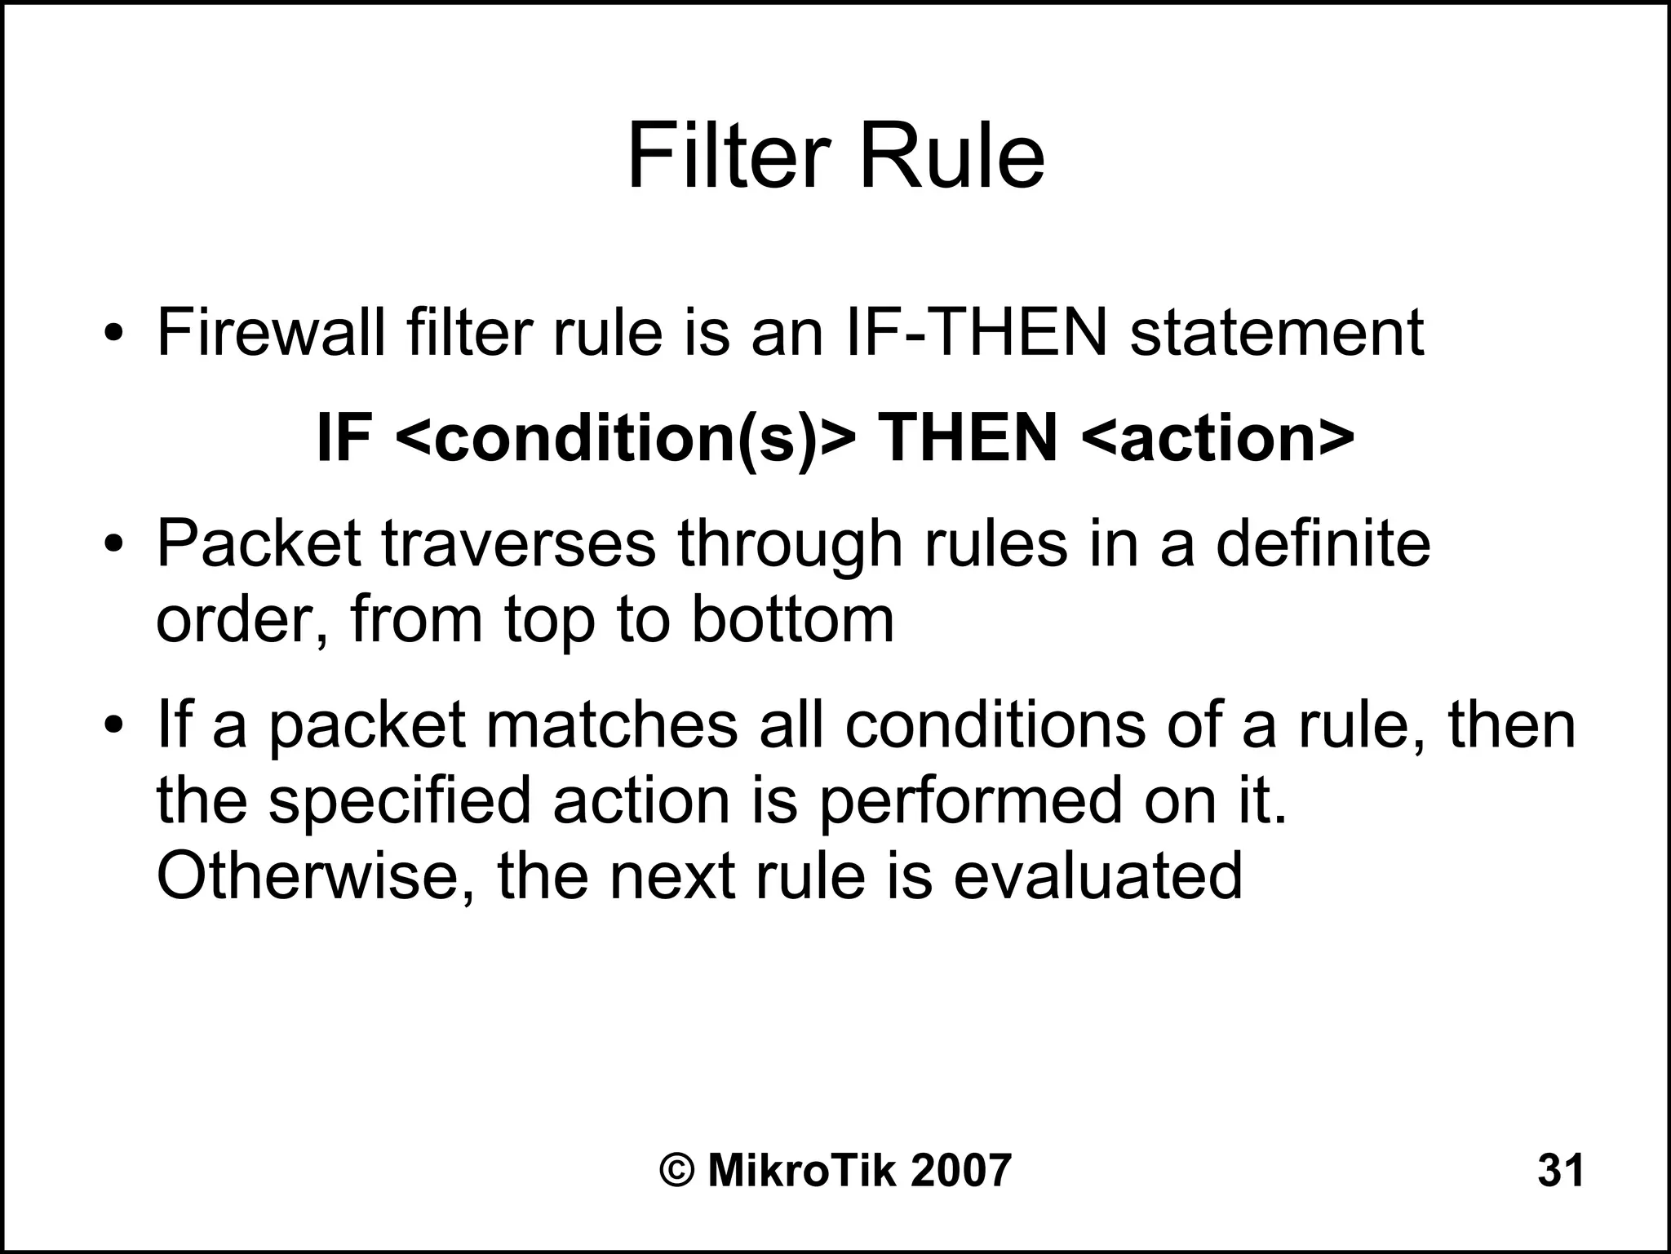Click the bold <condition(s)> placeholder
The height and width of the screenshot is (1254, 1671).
click(627, 438)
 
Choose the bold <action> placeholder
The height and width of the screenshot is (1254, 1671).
click(1218, 438)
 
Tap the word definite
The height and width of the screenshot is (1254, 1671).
click(1323, 544)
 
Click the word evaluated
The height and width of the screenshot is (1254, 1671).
click(1097, 876)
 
